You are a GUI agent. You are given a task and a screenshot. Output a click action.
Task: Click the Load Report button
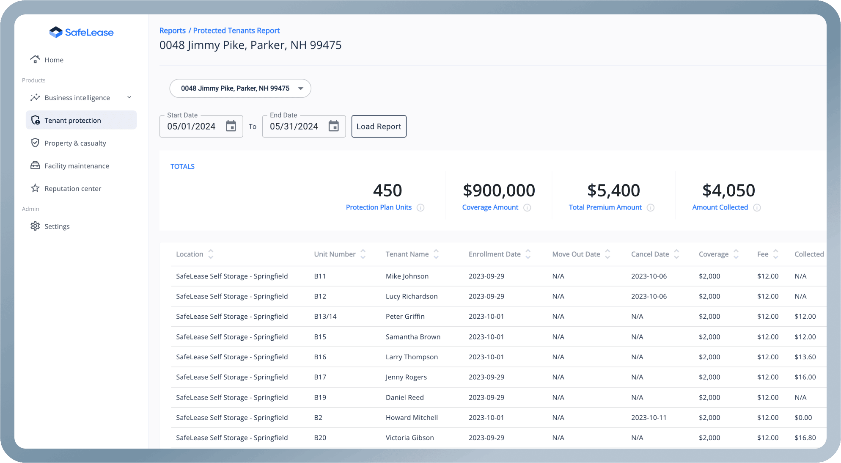point(379,127)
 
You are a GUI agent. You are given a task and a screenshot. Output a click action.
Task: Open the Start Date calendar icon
point(231,126)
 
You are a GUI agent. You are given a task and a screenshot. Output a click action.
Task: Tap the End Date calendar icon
point(333,126)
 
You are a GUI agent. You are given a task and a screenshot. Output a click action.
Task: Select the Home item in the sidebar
point(54,60)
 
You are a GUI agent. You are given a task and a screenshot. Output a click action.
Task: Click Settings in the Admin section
point(57,226)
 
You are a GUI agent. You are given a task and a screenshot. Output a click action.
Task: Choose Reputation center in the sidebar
point(72,189)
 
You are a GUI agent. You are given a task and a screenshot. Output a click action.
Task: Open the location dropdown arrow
point(300,88)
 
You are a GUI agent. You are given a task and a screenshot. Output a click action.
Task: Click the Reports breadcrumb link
point(172,30)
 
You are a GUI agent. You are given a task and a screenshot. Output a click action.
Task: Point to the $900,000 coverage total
point(499,190)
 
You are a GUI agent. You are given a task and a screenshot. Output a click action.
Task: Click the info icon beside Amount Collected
point(757,208)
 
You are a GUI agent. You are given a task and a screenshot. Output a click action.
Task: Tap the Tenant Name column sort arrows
point(436,254)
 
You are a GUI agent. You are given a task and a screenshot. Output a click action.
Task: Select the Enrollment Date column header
point(494,254)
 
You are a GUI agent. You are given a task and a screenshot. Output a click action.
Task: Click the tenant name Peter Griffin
point(405,317)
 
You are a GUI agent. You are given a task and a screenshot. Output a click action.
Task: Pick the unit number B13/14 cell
point(325,317)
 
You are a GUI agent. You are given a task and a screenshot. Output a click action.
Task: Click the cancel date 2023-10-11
point(649,418)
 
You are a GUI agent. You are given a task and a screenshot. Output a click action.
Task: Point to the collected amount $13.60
point(805,357)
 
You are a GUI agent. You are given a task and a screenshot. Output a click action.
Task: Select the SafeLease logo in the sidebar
point(81,33)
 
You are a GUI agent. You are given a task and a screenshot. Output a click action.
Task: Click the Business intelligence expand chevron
point(129,97)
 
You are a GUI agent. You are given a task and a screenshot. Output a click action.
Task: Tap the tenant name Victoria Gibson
point(410,438)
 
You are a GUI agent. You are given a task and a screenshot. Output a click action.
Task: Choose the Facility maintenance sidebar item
point(77,166)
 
